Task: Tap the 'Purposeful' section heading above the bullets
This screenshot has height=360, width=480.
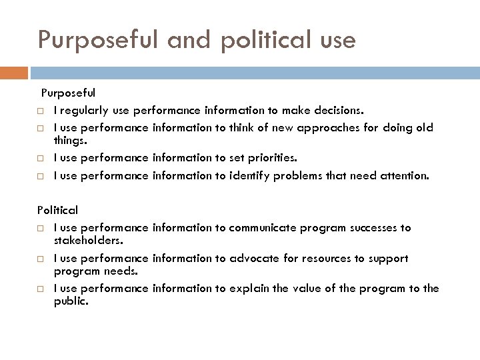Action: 68,93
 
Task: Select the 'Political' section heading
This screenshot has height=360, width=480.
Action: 57,210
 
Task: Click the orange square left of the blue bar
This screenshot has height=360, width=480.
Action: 14,72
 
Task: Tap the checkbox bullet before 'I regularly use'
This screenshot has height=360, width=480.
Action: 41,110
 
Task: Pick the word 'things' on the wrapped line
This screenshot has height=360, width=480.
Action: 69,141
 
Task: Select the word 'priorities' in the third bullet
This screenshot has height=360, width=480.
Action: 269,158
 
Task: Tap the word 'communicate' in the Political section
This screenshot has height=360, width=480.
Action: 261,228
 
